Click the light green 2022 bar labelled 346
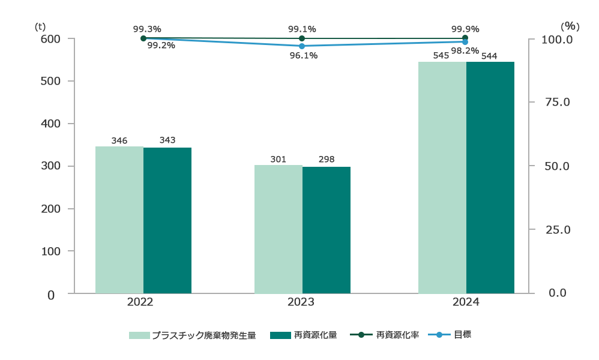click(x=119, y=220)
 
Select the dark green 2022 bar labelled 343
click(x=167, y=220)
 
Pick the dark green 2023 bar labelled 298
click(x=327, y=230)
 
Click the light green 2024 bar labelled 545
click(x=442, y=178)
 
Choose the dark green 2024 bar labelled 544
click(x=490, y=178)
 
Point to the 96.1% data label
click(x=303, y=56)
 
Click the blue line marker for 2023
click(x=302, y=46)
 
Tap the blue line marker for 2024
click(x=465, y=42)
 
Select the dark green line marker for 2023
click(x=302, y=38)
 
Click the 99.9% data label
click(x=465, y=28)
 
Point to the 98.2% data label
click(x=465, y=51)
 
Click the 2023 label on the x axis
click(x=301, y=302)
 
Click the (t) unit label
click(x=40, y=26)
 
